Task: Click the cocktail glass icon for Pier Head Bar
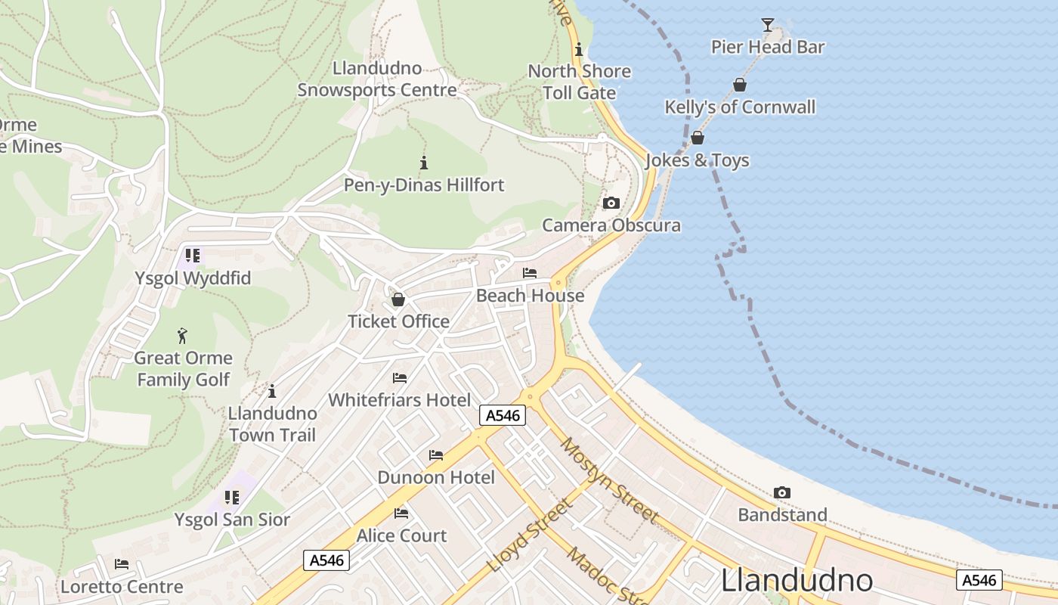pos(767,25)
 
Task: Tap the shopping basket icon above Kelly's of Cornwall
pos(739,85)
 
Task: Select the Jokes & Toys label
pos(697,160)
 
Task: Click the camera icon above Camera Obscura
pos(611,203)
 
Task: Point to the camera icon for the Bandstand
pos(782,492)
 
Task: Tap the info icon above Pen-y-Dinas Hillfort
pos(424,163)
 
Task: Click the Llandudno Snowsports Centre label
pos(377,79)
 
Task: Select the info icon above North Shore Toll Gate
pos(578,50)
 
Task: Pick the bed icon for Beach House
pos(530,273)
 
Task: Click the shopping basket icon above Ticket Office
pos(398,299)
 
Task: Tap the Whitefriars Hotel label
pos(399,400)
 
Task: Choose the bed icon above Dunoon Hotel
pos(436,455)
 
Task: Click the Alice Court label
pos(401,535)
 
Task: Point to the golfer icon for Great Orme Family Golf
pos(182,335)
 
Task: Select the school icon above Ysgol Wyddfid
pos(193,256)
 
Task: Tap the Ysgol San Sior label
pos(232,520)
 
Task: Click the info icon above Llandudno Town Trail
pos(272,391)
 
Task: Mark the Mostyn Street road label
pos(609,479)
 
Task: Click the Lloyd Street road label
pos(529,535)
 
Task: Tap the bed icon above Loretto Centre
pos(122,564)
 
